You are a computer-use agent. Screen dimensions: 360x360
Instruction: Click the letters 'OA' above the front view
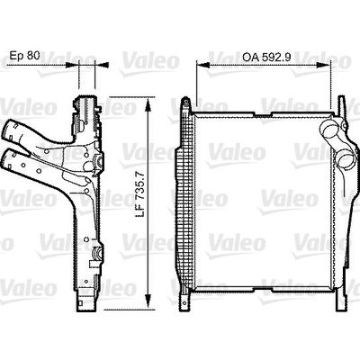pos(250,57)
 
